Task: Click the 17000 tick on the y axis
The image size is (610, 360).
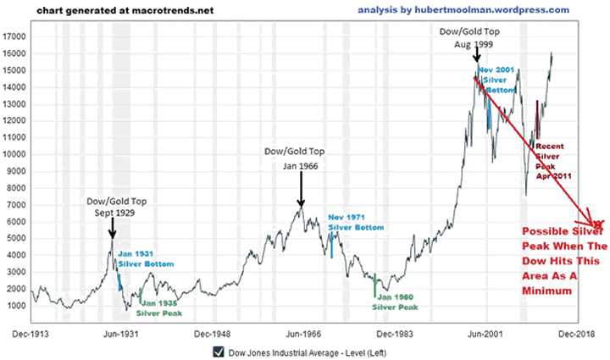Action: pos(14,37)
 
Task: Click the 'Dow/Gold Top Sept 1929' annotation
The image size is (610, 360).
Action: pos(114,207)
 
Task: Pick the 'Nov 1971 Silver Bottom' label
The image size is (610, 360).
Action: pos(356,223)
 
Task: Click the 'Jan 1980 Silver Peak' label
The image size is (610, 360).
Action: pos(395,302)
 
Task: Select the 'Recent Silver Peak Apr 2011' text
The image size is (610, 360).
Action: pos(553,161)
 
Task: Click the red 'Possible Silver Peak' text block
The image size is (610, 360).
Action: pos(559,260)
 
